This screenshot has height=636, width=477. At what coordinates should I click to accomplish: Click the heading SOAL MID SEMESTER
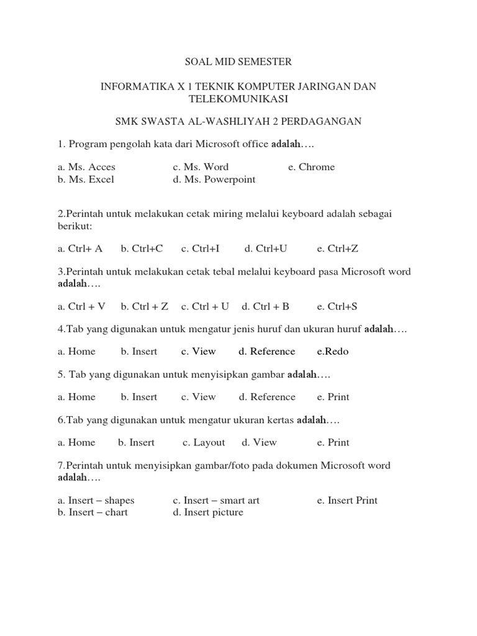(x=238, y=62)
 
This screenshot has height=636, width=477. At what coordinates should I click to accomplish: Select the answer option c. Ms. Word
(x=201, y=166)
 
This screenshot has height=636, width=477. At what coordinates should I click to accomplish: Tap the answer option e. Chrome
(x=311, y=166)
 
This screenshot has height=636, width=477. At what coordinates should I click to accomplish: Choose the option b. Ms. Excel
(x=86, y=179)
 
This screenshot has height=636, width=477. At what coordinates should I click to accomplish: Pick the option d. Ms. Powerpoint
(x=214, y=179)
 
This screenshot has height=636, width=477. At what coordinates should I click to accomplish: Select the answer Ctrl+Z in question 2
(x=337, y=248)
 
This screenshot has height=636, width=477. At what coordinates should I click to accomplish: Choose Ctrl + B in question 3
(x=265, y=306)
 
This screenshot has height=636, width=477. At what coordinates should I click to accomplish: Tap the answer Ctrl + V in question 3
(x=82, y=306)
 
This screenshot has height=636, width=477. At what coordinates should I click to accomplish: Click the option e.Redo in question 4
(x=333, y=352)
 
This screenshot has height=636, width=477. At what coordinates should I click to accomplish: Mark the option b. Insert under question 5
(x=139, y=397)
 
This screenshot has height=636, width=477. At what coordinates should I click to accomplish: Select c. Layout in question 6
(x=204, y=442)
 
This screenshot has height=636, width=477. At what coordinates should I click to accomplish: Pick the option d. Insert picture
(x=208, y=512)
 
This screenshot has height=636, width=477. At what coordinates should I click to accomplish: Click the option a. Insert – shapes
(x=96, y=500)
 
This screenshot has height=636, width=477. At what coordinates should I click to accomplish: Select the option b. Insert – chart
(x=93, y=512)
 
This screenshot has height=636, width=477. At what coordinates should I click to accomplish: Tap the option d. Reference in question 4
(x=266, y=352)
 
